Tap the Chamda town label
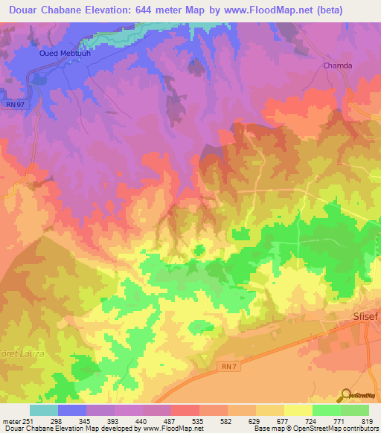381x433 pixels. click(336, 65)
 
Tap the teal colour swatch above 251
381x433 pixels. click(44, 410)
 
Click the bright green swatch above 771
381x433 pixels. click(327, 410)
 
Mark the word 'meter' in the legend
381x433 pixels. click(10, 420)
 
